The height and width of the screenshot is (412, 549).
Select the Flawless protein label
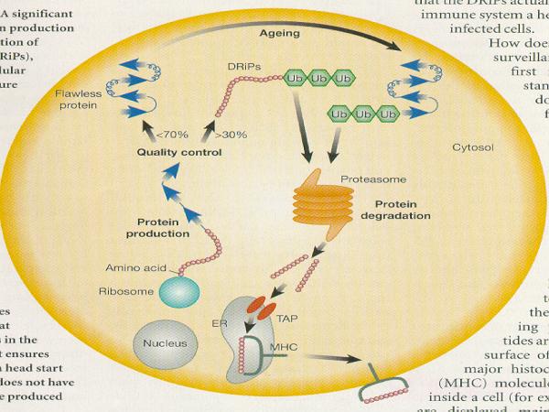77,99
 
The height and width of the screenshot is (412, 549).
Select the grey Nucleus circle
164,343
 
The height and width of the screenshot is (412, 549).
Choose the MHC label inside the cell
285,347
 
